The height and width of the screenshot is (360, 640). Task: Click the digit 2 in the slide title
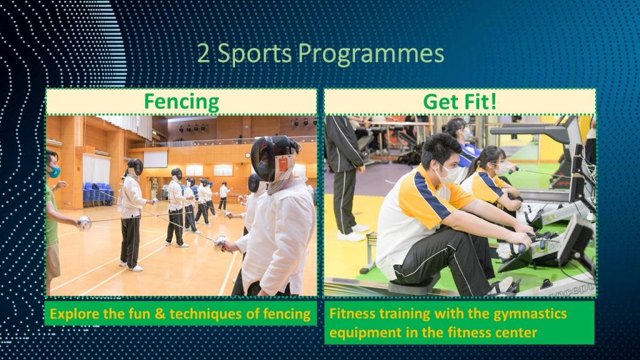[x=204, y=54]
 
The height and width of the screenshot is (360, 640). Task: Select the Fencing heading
[x=182, y=102]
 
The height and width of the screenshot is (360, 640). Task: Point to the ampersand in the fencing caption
[x=160, y=314]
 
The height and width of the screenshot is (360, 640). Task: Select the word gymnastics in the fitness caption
[x=530, y=314]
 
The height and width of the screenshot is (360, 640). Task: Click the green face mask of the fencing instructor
[x=54, y=172]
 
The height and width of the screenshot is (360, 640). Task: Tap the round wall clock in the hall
[x=247, y=156]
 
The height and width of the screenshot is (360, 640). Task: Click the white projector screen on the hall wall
[x=155, y=159]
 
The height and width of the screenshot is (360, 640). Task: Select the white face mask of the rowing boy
[x=449, y=174]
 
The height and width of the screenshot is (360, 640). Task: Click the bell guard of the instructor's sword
[x=84, y=223]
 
